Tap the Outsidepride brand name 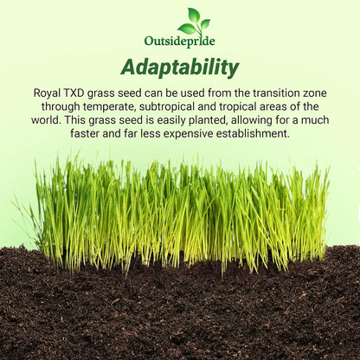pos(180,41)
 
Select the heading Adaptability pos(180,67)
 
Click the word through pos(61,106)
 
